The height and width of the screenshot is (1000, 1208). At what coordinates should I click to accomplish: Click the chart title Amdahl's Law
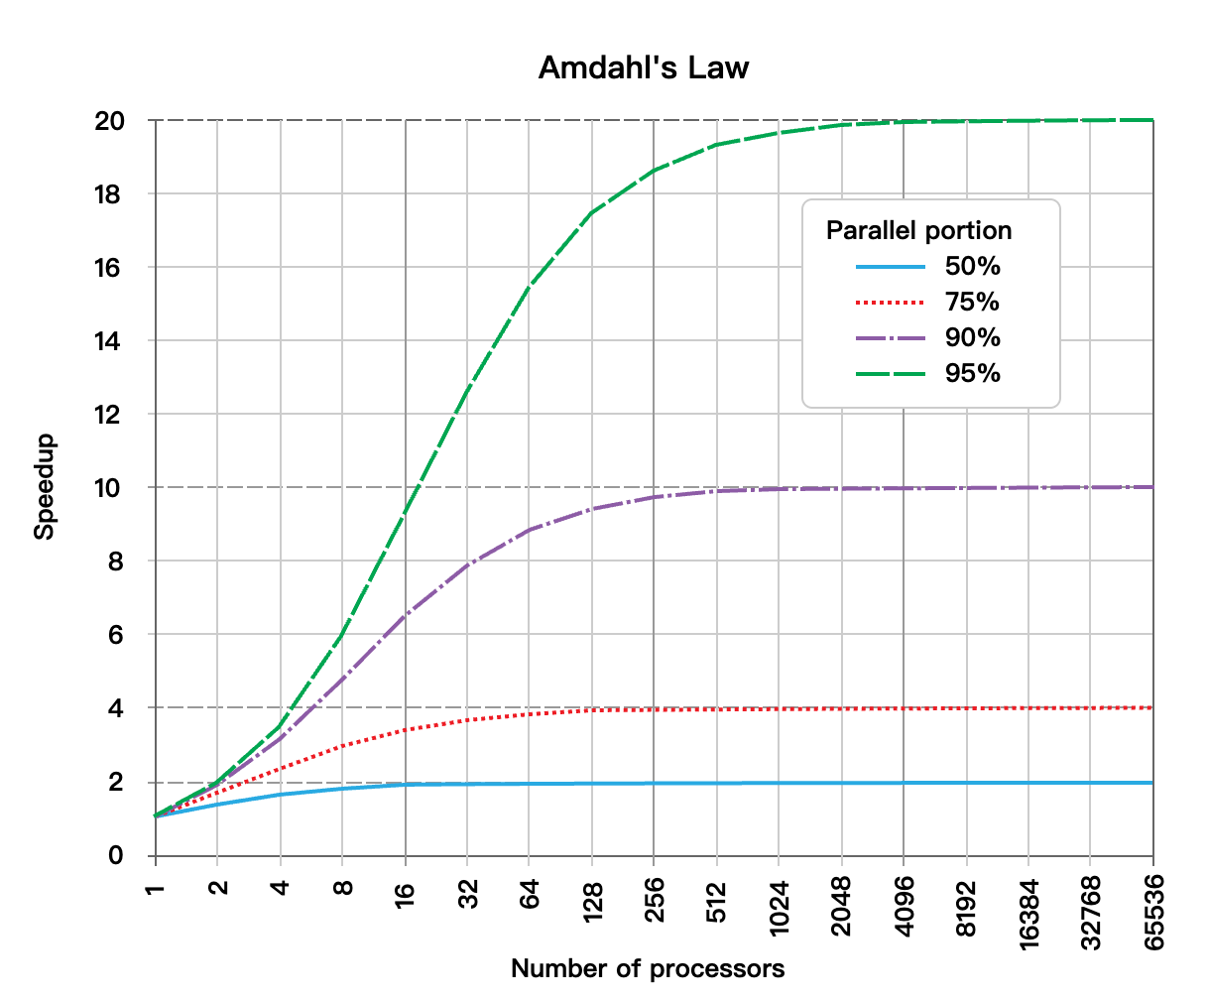click(644, 67)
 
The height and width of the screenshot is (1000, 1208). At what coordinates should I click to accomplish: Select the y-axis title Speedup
click(45, 487)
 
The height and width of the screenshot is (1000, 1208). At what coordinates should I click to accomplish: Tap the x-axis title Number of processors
click(648, 968)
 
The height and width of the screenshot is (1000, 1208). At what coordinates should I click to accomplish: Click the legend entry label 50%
click(972, 267)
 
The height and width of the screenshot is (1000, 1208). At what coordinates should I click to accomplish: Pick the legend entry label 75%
click(972, 303)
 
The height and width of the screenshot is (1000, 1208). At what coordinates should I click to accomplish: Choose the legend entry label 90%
click(972, 338)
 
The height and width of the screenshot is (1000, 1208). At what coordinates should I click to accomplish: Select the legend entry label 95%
click(972, 374)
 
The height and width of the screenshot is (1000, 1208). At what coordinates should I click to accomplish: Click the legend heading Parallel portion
click(919, 230)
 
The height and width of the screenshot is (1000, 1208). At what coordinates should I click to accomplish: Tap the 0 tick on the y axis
click(116, 855)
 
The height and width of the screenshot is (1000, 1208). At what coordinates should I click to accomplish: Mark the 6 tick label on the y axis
click(116, 635)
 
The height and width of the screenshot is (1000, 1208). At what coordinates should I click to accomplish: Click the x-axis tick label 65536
click(1153, 911)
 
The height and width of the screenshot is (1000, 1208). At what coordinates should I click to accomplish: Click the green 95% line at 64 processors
click(530, 286)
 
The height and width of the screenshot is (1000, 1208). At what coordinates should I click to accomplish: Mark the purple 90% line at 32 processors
click(467, 564)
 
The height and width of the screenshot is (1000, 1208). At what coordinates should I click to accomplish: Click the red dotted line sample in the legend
click(891, 303)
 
